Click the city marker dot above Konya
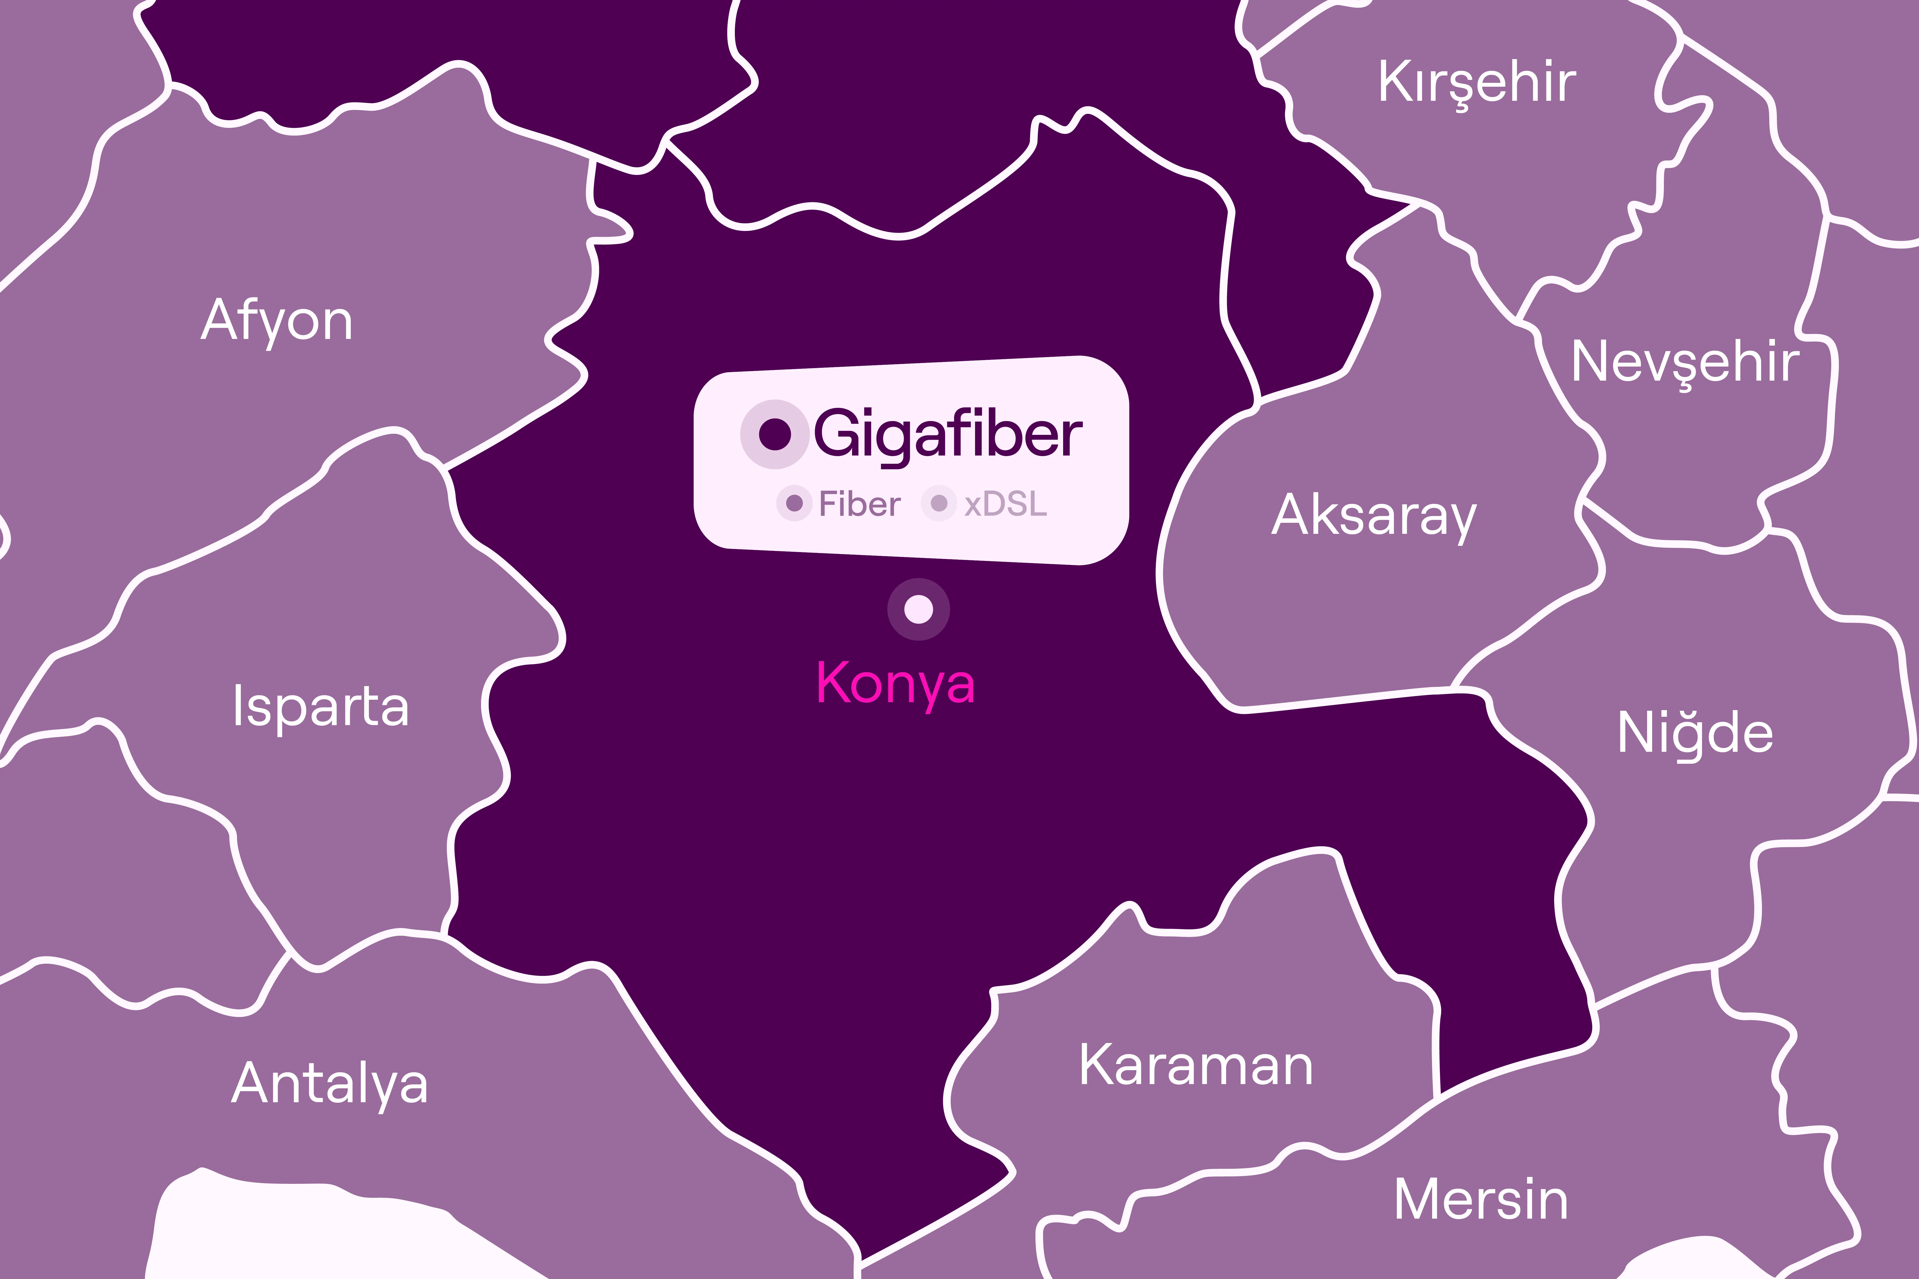(919, 609)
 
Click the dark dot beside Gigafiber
(774, 434)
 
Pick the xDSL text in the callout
(1005, 504)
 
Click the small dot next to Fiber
(794, 503)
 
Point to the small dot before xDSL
(939, 503)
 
